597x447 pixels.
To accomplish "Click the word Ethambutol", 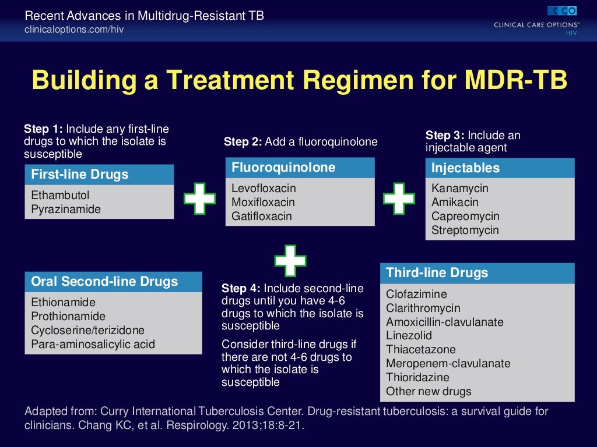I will point(60,195).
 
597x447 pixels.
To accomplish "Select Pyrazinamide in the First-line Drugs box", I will point(65,209).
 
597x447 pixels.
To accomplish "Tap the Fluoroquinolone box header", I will point(283,168).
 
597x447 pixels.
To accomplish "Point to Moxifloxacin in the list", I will point(263,203).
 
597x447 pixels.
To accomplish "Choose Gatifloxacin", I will point(261,217).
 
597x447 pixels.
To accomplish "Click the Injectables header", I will point(465,168).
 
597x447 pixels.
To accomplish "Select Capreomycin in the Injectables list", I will point(465,217).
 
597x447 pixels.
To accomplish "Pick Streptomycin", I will point(465,230).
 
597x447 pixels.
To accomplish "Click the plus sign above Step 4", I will point(290,260).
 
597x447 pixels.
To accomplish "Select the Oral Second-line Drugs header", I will point(104,282).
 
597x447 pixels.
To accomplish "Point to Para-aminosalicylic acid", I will point(93,345).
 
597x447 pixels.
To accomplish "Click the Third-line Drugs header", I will point(437,273).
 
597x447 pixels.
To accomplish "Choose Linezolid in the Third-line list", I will point(409,336).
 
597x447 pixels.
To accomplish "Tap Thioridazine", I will point(417,378).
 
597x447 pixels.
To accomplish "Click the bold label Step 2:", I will point(243,142).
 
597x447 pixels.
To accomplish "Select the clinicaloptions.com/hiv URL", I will point(74,29).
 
